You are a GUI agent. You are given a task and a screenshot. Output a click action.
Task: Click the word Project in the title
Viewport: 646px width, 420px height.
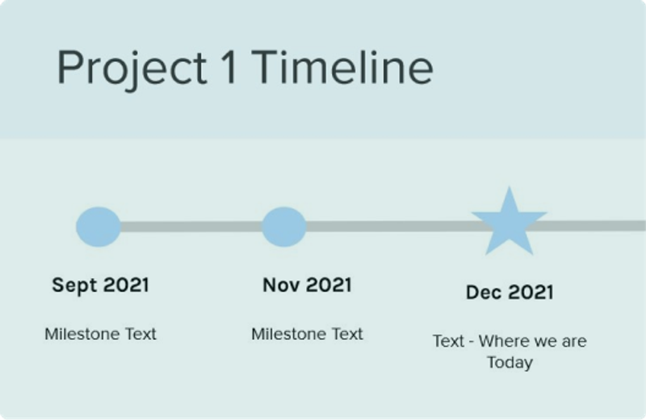132,69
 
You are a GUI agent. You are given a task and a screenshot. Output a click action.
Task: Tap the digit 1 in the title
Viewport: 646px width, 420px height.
229,66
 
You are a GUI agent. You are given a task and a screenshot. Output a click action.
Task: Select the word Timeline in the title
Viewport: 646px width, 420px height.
342,67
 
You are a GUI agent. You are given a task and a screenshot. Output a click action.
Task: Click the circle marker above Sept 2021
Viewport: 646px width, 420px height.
99,227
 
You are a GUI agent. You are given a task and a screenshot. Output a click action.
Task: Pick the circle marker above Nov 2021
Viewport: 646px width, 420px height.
284,227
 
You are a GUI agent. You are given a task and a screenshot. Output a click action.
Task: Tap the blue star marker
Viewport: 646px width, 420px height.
510,223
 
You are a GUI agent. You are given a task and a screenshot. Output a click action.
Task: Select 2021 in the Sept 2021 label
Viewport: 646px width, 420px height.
126,285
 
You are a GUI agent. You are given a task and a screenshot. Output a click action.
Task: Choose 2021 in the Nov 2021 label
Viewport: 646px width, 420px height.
329,285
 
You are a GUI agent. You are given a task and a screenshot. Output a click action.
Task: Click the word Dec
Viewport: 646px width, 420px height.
484,292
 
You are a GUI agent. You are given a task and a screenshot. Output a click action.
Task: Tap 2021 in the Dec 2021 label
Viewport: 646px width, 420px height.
531,292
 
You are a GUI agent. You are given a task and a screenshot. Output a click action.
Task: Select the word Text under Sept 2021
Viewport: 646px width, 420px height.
141,334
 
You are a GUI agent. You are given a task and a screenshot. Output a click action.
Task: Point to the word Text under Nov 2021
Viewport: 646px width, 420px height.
348,334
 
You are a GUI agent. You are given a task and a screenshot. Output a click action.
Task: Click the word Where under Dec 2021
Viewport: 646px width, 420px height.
503,342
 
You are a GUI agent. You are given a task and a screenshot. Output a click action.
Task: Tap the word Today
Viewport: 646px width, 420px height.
510,363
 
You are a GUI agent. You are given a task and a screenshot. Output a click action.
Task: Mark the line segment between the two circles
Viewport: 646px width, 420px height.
191,227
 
